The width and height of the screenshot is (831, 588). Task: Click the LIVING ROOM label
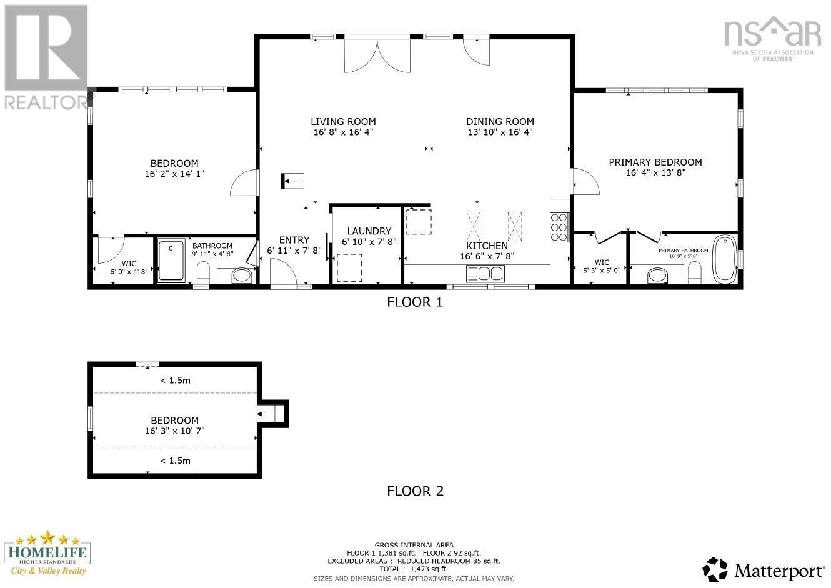(x=343, y=122)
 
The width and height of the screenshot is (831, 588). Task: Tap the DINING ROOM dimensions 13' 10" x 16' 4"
(x=500, y=132)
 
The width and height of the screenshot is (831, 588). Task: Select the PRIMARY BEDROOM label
(x=655, y=162)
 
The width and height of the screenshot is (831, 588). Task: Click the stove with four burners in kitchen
(x=559, y=227)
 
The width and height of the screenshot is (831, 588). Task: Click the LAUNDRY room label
(x=369, y=231)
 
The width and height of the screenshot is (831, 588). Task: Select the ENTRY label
(x=294, y=240)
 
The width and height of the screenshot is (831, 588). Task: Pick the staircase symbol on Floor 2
(x=272, y=413)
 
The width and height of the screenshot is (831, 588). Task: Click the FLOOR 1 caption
(x=415, y=302)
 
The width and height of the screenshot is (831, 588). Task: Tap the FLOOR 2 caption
(x=415, y=491)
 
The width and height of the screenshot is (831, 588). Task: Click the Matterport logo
(x=764, y=569)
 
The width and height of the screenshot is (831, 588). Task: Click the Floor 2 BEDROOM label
(x=174, y=421)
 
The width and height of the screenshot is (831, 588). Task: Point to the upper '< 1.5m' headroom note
(x=175, y=380)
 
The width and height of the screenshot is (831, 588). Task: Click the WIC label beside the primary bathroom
(x=602, y=262)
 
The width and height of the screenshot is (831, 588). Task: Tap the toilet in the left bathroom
(x=203, y=272)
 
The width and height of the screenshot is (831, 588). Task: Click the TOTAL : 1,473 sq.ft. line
(x=414, y=569)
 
